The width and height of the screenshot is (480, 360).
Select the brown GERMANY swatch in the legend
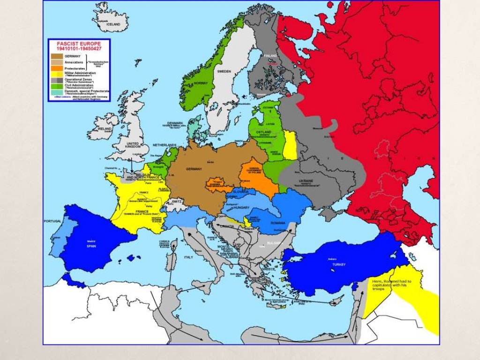[x=56, y=56]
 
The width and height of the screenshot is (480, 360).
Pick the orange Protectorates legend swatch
[x=56, y=68]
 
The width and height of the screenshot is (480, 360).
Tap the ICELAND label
[x=113, y=24]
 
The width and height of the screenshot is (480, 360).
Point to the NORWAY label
[x=200, y=83]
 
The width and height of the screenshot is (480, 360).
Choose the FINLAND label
[x=271, y=56]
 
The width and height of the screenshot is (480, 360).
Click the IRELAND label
[x=105, y=128]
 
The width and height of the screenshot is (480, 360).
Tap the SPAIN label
[x=90, y=247]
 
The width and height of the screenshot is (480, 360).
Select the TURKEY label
[x=339, y=265]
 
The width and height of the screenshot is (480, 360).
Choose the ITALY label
[x=188, y=257]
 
